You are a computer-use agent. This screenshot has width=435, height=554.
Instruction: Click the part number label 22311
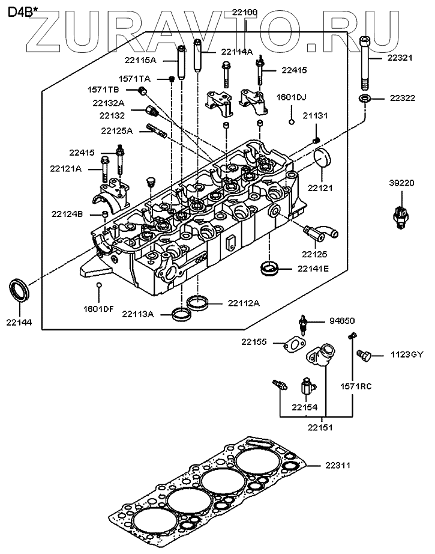pos(338,465)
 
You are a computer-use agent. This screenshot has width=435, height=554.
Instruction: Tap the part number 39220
pos(401,183)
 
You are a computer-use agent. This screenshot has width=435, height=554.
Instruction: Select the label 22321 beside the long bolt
pos(400,58)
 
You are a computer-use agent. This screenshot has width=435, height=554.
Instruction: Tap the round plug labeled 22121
pos(324,158)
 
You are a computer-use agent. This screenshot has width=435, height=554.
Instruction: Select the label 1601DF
pos(98,309)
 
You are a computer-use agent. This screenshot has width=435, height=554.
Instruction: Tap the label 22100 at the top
pos(245,12)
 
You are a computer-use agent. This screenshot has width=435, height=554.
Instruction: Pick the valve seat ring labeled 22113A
pos(179,312)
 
